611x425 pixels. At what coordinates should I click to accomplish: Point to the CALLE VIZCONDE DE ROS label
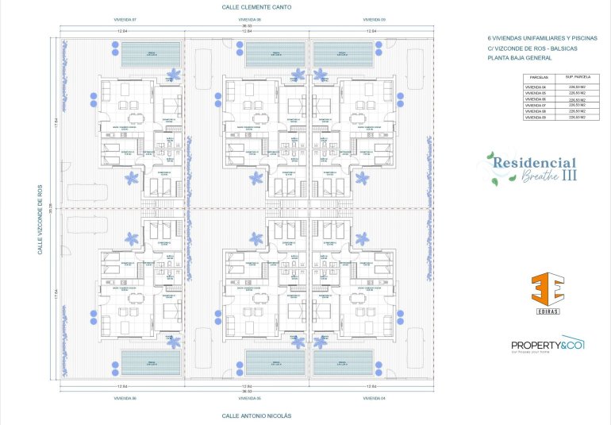tap(40, 219)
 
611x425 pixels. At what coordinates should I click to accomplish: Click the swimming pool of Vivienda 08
tap(275, 54)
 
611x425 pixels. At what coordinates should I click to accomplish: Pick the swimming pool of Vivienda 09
tap(343, 54)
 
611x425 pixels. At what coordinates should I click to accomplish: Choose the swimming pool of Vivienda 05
tap(275, 364)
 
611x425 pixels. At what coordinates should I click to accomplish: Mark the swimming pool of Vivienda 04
tap(343, 364)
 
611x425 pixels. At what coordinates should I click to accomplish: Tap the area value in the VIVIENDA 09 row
tap(577, 118)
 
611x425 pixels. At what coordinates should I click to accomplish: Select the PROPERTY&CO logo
tap(548, 345)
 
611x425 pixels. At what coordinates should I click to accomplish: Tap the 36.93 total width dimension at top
tap(248, 25)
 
